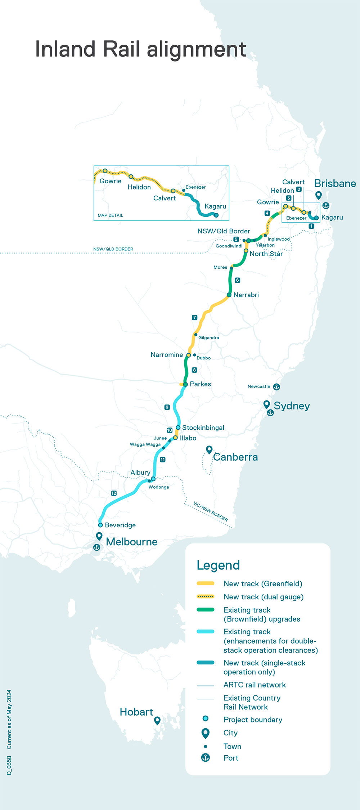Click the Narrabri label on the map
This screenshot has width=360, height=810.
tap(246, 295)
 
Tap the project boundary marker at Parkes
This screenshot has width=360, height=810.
tap(185, 384)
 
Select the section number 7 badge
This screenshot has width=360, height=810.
tap(194, 317)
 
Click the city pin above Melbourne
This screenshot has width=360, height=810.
tap(99, 536)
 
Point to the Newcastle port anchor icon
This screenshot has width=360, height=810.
tap(276, 387)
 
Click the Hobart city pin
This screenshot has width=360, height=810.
tap(157, 720)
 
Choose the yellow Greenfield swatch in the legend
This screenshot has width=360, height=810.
tap(206, 583)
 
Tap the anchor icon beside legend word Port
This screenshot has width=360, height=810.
tap(205, 757)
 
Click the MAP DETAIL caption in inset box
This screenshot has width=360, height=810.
tap(110, 215)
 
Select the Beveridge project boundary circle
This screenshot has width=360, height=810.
tap(100, 525)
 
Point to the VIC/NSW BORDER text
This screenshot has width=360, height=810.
tap(211, 511)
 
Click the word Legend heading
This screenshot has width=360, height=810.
tap(218, 565)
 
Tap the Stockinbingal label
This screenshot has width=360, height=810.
tap(203, 428)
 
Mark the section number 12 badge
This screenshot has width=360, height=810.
tap(114, 493)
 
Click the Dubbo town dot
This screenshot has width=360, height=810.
tap(194, 355)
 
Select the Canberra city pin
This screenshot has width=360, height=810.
tap(209, 449)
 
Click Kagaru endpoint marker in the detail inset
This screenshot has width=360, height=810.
tap(216, 215)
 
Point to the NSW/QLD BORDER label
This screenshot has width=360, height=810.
tap(113, 249)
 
